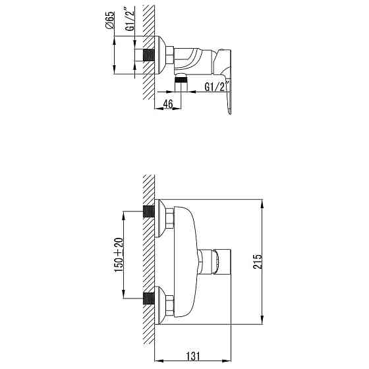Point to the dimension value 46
coord(167,103)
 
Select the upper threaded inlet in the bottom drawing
coord(151,213)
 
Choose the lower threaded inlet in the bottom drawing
coord(151,300)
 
